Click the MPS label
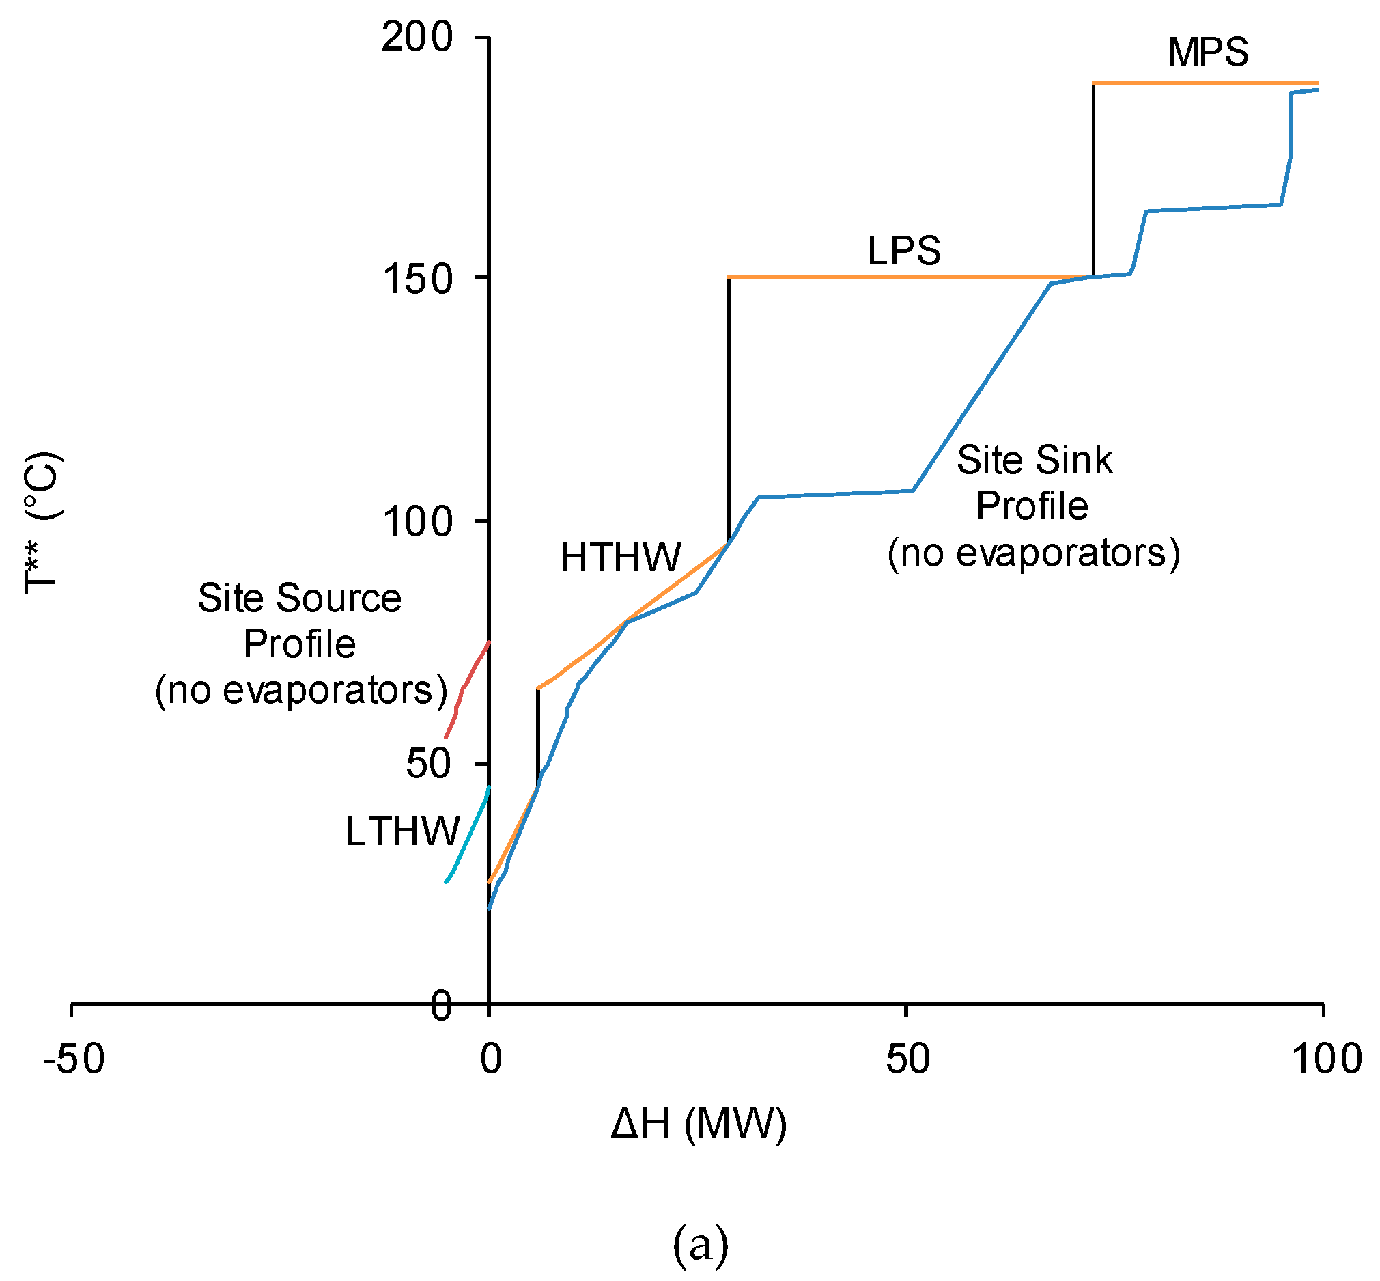tap(1207, 53)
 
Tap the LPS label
tap(903, 251)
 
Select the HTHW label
tap(621, 557)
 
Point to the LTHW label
tap(402, 832)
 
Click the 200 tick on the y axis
tap(417, 37)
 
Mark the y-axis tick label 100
tap(417, 521)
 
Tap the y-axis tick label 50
tap(428, 764)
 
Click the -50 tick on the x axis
tap(74, 1059)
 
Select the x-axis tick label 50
tap(907, 1059)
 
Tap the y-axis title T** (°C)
tap(43, 523)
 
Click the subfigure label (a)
tap(700, 1245)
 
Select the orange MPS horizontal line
tap(1205, 83)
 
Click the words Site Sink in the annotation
tap(1034, 460)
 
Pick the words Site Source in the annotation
tap(299, 598)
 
